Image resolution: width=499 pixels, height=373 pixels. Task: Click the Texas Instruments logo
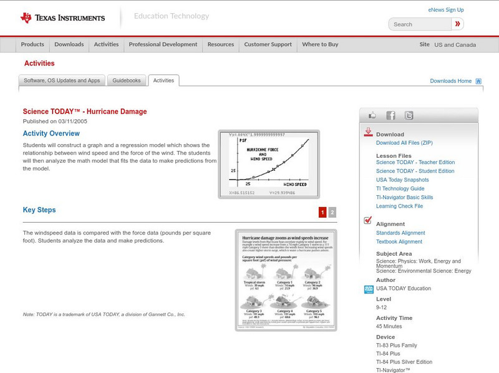(62, 17)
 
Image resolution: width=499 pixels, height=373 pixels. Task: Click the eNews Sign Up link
(445, 10)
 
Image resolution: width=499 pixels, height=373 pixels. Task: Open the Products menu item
(32, 44)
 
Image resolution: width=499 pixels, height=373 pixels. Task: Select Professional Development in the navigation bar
(163, 44)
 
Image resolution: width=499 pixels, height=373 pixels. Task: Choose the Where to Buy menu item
(320, 44)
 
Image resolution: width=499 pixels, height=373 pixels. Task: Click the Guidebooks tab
(127, 80)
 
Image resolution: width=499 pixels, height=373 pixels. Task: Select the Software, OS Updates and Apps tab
(62, 80)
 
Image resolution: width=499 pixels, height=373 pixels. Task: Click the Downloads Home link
(450, 81)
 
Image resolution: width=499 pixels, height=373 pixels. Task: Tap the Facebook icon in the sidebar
(390, 115)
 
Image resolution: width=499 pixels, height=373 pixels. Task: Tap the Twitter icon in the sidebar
(409, 115)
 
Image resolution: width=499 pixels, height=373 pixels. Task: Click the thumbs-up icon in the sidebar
(372, 115)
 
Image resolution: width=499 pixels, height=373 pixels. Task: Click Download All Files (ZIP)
(404, 143)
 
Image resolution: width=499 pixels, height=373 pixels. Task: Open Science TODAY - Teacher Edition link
(415, 162)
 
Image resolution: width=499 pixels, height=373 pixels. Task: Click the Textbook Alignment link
(399, 241)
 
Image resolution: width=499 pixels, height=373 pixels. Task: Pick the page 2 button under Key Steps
(332, 212)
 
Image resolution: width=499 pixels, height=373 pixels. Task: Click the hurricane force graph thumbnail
(269, 164)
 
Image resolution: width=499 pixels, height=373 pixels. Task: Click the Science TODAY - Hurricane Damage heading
(85, 112)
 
